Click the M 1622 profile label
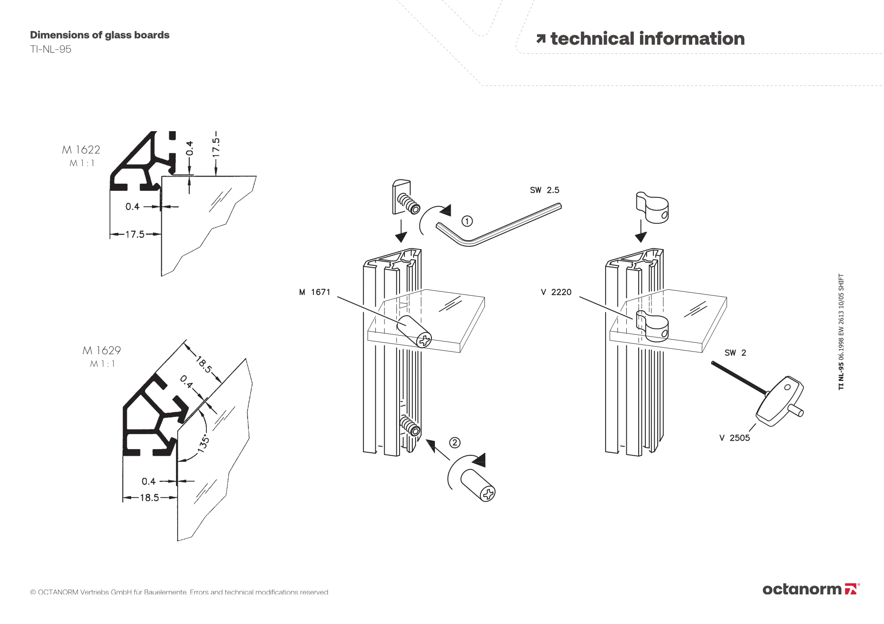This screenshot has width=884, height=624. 81,150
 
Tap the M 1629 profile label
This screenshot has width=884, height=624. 102,351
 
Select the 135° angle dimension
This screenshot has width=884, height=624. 202,443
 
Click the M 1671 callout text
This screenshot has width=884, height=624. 315,292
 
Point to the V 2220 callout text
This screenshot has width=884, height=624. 556,292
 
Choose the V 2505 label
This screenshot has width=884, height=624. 735,438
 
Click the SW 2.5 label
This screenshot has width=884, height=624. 545,190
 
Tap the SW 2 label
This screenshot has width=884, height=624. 735,353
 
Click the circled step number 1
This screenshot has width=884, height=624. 467,221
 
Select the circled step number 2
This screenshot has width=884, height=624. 455,442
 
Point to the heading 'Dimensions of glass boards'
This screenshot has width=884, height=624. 99,35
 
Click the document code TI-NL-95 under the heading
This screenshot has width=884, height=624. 50,49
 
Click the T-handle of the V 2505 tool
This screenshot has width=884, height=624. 780,401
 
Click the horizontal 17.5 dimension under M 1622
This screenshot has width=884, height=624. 135,234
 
